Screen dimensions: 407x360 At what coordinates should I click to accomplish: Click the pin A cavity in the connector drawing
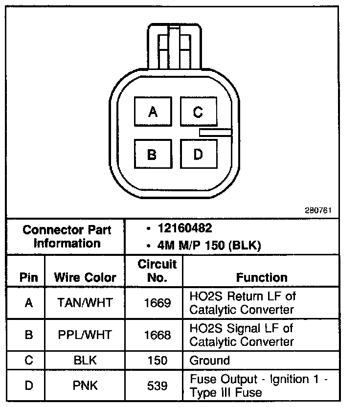tap(153, 112)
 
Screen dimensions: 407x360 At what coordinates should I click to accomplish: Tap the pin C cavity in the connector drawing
tap(198, 112)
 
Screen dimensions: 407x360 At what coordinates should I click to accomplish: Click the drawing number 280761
tap(318, 211)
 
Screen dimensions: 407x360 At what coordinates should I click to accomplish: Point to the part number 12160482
tap(185, 228)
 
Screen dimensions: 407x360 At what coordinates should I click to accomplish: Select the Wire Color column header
tap(85, 277)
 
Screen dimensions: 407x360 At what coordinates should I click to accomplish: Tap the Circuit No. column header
tap(157, 271)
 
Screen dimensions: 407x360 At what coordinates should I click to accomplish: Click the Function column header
tap(262, 277)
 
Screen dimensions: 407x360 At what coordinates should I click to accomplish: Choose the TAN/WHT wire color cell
tap(85, 303)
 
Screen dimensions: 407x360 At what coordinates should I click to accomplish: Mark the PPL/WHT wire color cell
tap(85, 335)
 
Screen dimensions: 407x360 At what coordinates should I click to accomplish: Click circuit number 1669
tap(157, 303)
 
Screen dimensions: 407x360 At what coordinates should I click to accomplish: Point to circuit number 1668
tap(157, 335)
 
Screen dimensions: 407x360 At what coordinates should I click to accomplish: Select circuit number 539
tap(157, 386)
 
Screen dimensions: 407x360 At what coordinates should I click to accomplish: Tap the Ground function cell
tap(209, 361)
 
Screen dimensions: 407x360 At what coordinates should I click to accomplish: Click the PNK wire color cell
tap(85, 386)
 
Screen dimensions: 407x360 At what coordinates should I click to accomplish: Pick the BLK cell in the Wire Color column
tap(85, 361)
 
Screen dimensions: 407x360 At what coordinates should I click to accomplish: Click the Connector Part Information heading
tap(67, 236)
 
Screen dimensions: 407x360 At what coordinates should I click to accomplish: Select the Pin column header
tap(29, 277)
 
